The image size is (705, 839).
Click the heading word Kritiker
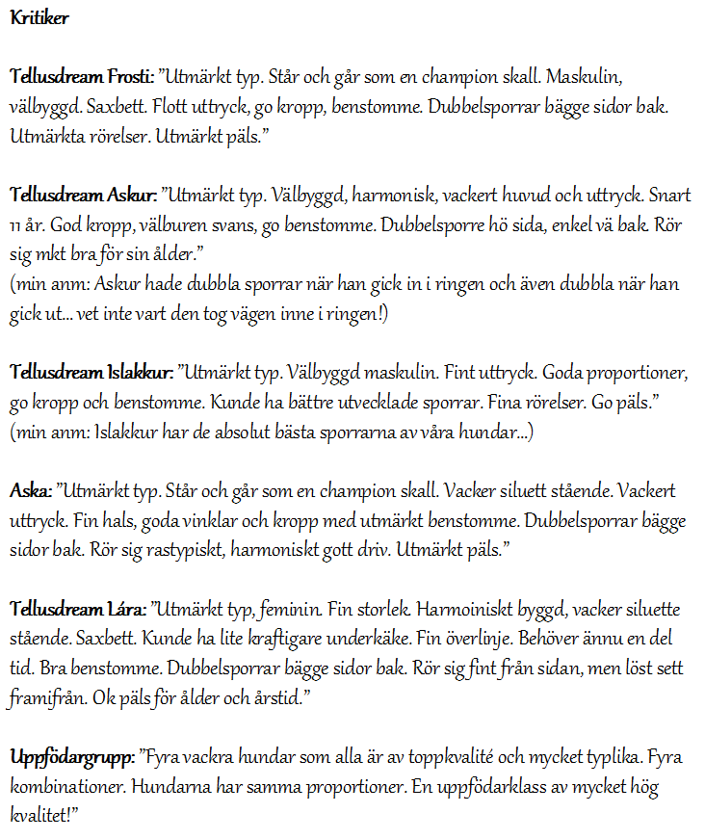tap(39, 17)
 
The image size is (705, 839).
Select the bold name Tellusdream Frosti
tap(82, 75)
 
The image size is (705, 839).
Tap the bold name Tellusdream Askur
tap(83, 196)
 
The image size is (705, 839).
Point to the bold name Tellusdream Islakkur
tap(91, 372)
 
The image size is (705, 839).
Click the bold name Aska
tap(30, 492)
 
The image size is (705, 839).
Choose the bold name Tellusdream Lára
tap(78, 610)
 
